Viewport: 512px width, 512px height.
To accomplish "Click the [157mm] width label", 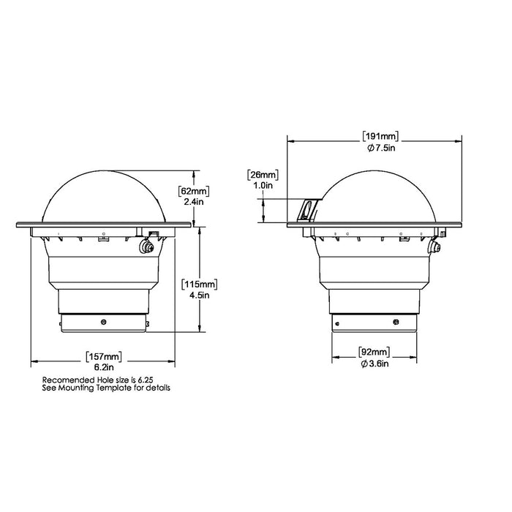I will tap(103, 356).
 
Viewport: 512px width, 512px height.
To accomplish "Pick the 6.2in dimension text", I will tap(103, 367).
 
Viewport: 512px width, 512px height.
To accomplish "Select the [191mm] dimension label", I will tap(379, 135).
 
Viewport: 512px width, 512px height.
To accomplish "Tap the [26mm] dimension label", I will tap(263, 174).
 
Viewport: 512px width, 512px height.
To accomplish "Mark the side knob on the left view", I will tap(147, 247).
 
